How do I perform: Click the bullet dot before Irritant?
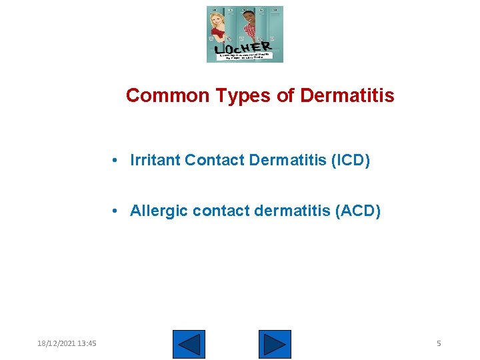pos(116,161)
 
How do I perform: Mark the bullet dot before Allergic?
pos(116,212)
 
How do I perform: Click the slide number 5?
pos(439,343)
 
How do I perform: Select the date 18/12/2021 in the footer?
pos(56,343)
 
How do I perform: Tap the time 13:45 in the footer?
pos(87,343)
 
